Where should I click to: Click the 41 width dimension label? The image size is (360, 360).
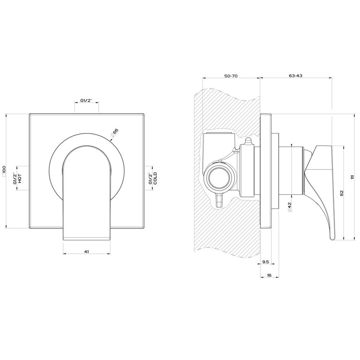pyautogui.click(x=86, y=252)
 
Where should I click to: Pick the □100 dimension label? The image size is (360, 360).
pyautogui.click(x=4, y=171)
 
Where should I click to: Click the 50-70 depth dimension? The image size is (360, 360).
pyautogui.click(x=231, y=75)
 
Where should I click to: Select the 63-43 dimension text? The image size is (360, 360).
pyautogui.click(x=295, y=75)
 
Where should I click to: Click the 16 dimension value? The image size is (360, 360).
pyautogui.click(x=269, y=275)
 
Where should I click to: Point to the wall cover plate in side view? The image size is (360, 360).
pyautogui.click(x=266, y=172)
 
